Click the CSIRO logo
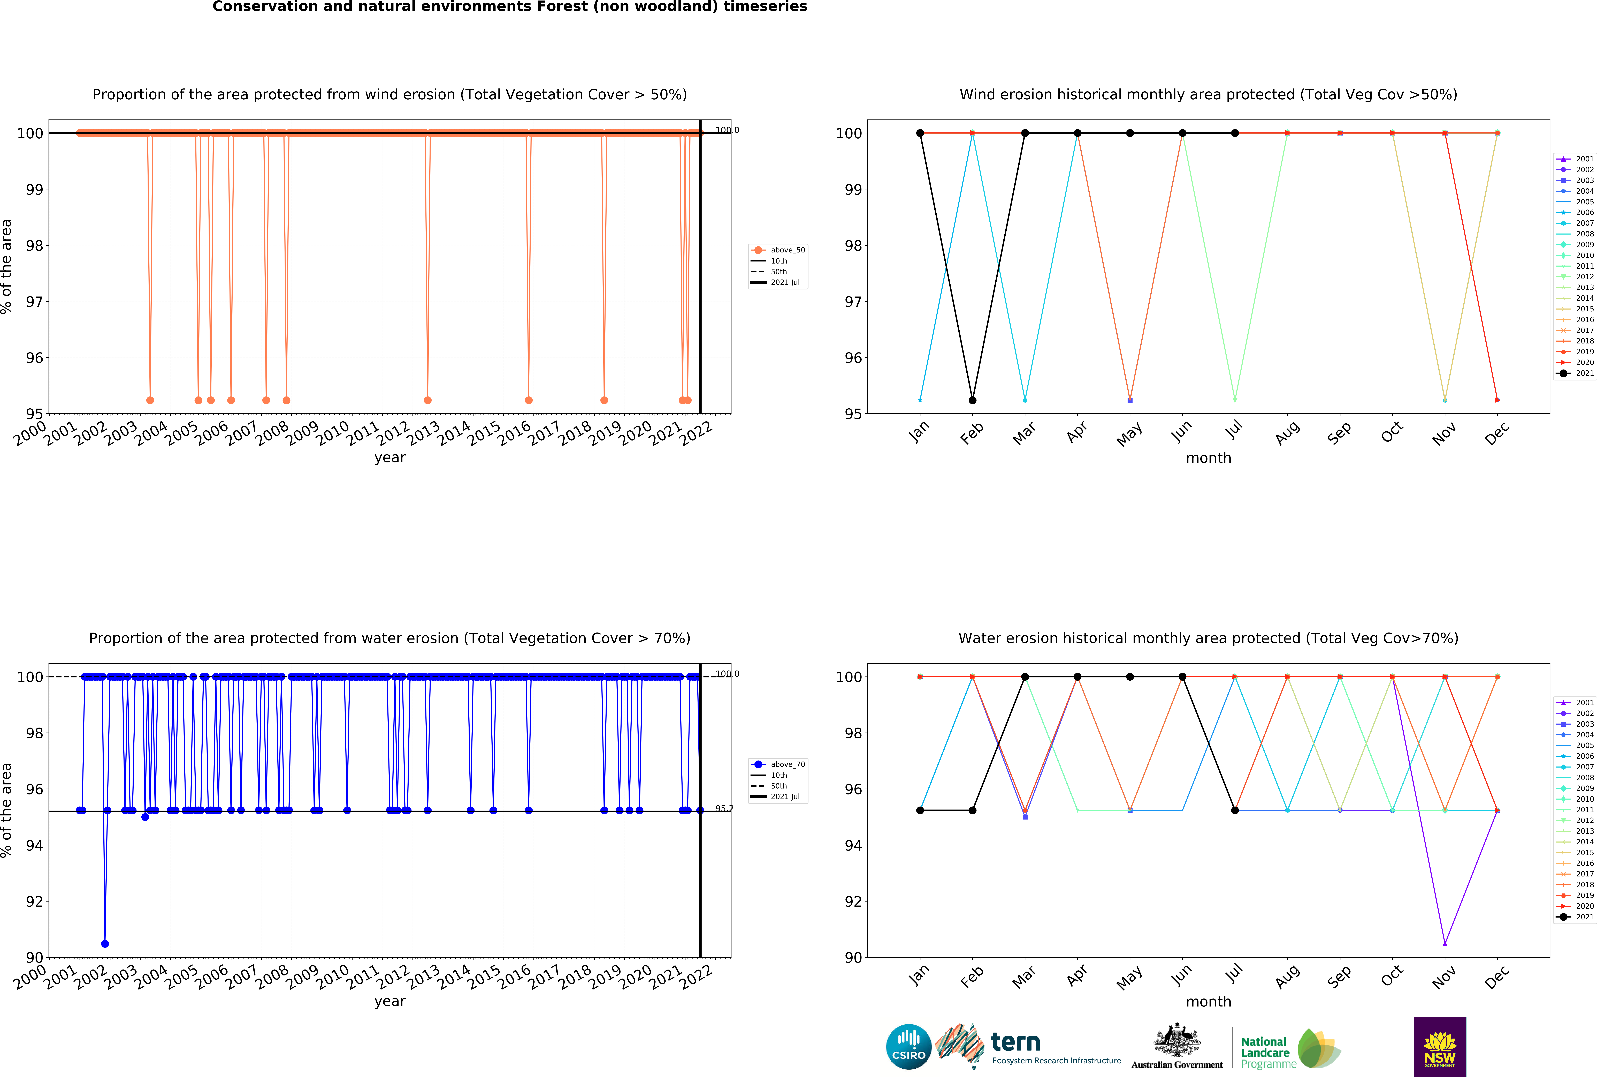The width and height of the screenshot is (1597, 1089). click(908, 1047)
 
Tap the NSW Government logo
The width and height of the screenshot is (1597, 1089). click(1440, 1046)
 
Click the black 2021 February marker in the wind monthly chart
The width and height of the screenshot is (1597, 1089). click(972, 400)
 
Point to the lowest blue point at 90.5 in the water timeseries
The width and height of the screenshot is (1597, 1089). click(105, 944)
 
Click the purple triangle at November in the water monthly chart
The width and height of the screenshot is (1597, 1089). click(1445, 944)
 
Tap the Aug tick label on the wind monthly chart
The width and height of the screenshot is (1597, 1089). click(1287, 433)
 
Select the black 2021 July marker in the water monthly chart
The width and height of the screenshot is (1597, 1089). click(1235, 810)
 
